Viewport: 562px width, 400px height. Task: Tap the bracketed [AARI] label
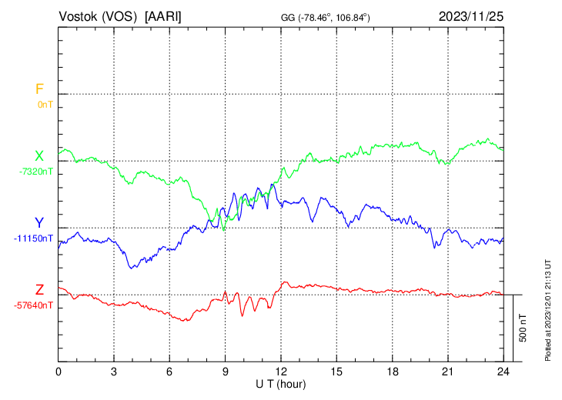pos(163,16)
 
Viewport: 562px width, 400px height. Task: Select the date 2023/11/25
pos(470,16)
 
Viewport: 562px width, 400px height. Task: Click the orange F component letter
pos(39,89)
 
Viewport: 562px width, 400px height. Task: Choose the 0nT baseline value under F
pos(45,104)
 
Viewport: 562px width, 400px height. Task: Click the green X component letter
pos(38,156)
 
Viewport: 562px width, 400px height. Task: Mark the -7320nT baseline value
pos(36,172)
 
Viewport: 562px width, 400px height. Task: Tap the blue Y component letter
pos(38,223)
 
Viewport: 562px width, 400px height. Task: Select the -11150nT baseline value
pos(34,238)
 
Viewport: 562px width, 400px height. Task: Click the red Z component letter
pos(39,290)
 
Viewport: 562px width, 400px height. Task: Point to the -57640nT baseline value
pos(34,305)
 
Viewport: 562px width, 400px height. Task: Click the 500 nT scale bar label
pos(524,328)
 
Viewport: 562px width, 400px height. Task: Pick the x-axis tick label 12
pos(281,372)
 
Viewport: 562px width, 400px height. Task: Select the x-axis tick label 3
pos(114,372)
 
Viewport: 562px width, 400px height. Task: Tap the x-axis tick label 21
pos(447,372)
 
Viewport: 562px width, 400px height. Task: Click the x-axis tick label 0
pos(59,372)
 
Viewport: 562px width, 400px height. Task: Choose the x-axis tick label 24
pos(503,372)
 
